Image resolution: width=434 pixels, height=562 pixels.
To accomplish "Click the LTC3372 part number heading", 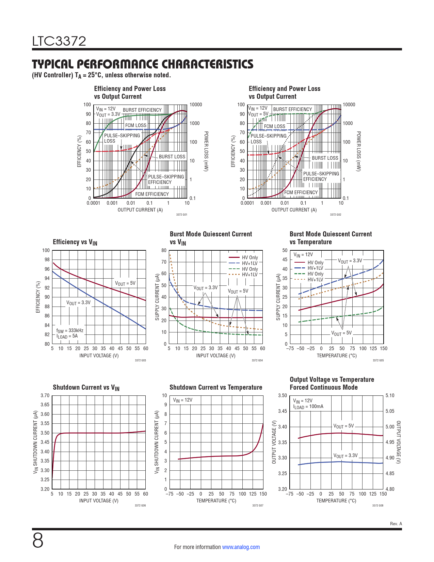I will click(x=59, y=41).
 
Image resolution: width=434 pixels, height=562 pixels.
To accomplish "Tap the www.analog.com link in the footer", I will click(x=241, y=547).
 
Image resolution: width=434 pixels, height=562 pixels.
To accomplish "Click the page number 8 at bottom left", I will click(x=38, y=540).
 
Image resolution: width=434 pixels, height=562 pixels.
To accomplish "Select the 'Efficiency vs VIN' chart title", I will click(x=75, y=242).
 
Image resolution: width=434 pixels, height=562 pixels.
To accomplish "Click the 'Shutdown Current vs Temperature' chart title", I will click(x=216, y=387).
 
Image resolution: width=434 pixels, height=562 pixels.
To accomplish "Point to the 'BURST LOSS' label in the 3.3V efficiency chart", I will click(x=172, y=157).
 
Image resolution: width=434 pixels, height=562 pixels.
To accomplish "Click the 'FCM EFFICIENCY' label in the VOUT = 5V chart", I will click(x=301, y=192).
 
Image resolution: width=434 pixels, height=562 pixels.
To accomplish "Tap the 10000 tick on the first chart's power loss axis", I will click(x=196, y=105).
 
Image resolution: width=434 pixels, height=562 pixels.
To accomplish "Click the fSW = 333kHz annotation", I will click(x=70, y=330).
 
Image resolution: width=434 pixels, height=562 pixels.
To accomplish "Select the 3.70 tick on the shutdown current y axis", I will click(x=45, y=395).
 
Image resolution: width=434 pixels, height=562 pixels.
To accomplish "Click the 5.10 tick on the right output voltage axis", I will click(x=390, y=395).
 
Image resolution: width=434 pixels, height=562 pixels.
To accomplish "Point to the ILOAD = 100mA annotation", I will click(x=308, y=407).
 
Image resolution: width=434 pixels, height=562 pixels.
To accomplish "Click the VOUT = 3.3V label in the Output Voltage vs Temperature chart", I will click(x=345, y=456).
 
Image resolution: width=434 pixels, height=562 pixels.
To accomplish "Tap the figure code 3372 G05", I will click(x=378, y=360).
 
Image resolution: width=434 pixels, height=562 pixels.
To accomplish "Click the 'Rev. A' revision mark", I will click(x=396, y=524).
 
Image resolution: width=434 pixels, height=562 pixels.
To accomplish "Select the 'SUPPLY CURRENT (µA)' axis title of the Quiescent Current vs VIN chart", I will click(x=157, y=297).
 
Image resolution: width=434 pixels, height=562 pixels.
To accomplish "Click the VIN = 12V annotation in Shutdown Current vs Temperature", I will click(x=182, y=400).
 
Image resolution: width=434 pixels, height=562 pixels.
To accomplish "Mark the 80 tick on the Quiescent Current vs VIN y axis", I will click(x=164, y=250).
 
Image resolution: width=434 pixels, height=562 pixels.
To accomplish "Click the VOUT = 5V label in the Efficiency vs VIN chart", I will click(x=125, y=283).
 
